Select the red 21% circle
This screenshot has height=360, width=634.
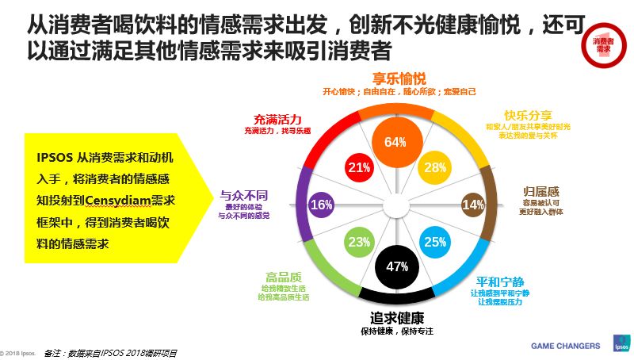[x=360, y=167]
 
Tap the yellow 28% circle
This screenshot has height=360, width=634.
[x=434, y=167]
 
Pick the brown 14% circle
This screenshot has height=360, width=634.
[x=472, y=205]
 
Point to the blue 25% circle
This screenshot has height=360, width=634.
[x=434, y=242]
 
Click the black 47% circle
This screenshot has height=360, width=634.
[x=395, y=267]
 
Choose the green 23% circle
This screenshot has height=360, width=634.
[x=359, y=242]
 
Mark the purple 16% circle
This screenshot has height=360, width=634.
[x=321, y=205]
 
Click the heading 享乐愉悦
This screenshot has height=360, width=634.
[x=399, y=79]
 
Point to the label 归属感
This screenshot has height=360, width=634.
[x=542, y=191]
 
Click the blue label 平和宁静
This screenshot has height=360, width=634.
[x=499, y=281]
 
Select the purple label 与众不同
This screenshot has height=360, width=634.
[x=243, y=193]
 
